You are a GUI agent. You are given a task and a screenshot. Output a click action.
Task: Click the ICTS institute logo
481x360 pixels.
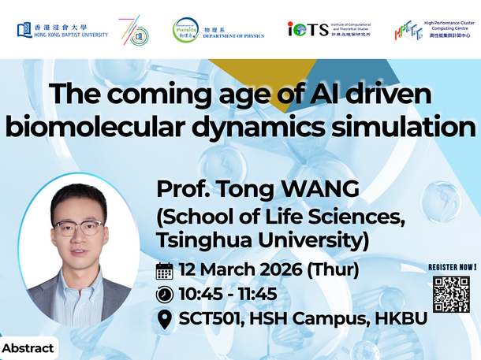(330, 30)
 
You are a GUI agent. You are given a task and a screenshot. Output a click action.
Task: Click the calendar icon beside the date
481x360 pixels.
(165, 271)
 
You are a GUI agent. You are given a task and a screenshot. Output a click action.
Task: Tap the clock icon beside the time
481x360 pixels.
(165, 295)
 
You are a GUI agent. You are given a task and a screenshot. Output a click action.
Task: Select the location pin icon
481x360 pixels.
(165, 320)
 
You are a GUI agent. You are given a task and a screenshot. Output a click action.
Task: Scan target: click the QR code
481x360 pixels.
(451, 295)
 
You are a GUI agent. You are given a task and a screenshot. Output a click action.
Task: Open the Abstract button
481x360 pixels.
(28, 347)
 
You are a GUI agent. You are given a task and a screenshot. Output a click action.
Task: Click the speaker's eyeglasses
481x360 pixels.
(76, 228)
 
